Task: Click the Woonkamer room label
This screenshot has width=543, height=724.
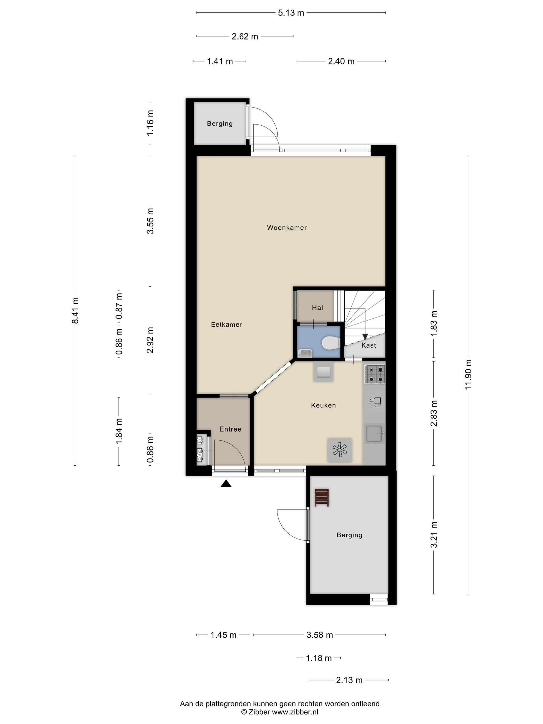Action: [x=287, y=228]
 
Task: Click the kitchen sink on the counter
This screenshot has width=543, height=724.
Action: [x=374, y=433]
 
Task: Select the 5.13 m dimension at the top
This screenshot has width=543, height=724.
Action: [x=291, y=13]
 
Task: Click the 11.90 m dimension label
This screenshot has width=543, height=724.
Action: [x=468, y=374]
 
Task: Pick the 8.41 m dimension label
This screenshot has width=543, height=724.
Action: [x=75, y=310]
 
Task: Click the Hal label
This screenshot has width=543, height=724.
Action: [x=317, y=308]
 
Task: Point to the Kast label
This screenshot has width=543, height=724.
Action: [x=368, y=345]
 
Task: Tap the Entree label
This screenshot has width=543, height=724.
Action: [x=230, y=429]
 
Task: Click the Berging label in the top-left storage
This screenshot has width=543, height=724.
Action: [x=220, y=123]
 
